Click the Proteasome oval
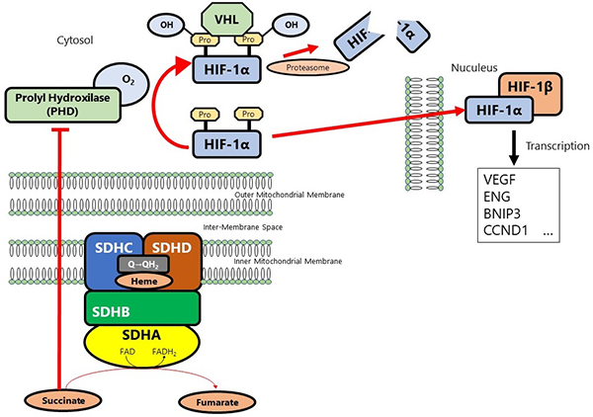(314, 67)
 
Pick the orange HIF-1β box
(538, 85)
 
